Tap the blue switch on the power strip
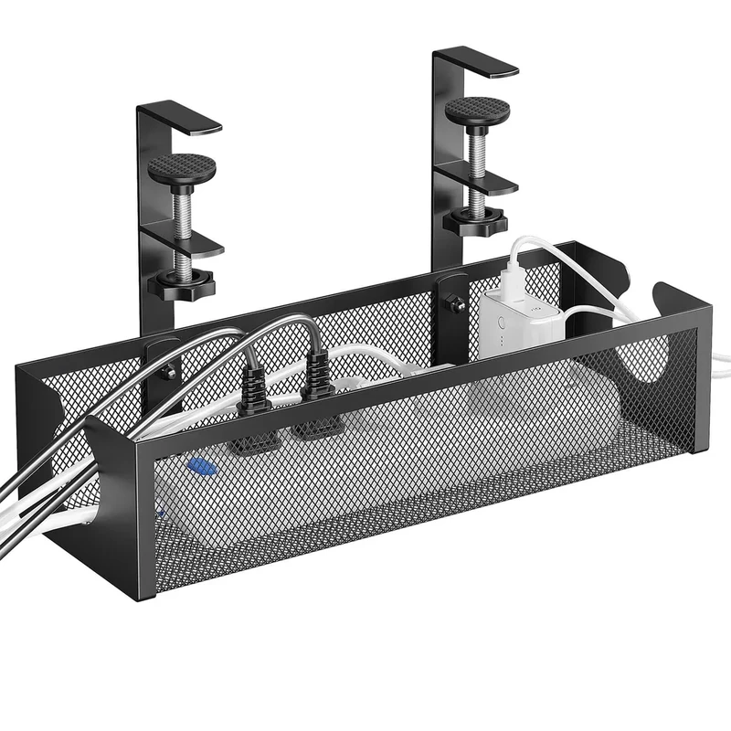click(x=200, y=466)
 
